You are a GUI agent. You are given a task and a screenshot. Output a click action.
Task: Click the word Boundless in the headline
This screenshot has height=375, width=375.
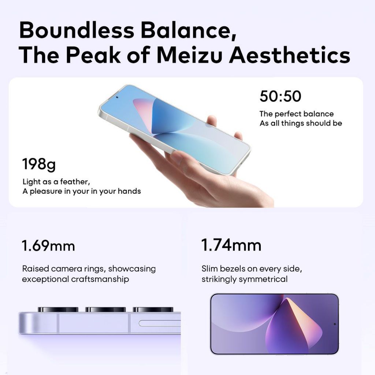click(77, 30)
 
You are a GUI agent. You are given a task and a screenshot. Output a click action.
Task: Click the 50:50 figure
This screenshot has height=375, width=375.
click(280, 96)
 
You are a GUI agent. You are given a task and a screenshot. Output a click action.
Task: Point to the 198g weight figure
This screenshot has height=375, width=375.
click(39, 164)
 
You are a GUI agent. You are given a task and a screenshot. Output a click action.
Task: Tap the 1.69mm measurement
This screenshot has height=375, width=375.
click(48, 245)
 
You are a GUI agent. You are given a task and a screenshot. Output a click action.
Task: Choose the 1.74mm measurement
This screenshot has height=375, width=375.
click(231, 245)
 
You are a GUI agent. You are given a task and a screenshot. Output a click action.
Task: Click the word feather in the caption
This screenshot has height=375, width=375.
click(75, 182)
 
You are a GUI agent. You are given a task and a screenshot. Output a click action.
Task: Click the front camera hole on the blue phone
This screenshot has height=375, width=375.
click(117, 97)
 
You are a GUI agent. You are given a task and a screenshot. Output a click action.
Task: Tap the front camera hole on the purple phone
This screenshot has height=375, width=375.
click(335, 324)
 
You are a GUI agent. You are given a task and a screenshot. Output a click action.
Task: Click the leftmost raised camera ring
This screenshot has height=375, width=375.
click(58, 309)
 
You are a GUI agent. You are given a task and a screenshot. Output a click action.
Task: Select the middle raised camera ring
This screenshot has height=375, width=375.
click(105, 309)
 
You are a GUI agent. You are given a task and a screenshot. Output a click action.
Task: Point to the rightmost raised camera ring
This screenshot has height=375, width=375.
click(153, 309)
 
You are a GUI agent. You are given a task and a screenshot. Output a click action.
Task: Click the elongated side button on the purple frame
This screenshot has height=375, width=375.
click(160, 323)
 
